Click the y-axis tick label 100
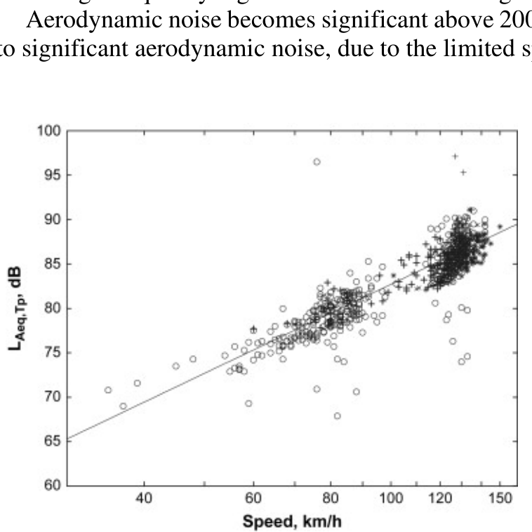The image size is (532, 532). [x=51, y=131]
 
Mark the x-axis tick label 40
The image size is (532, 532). [x=145, y=500]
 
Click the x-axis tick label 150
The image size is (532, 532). [x=500, y=500]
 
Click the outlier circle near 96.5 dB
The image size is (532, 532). [x=317, y=161]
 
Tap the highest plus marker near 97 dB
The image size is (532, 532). [x=455, y=157]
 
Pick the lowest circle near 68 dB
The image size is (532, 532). [x=337, y=415]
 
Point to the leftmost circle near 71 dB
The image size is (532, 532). [x=108, y=390]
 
